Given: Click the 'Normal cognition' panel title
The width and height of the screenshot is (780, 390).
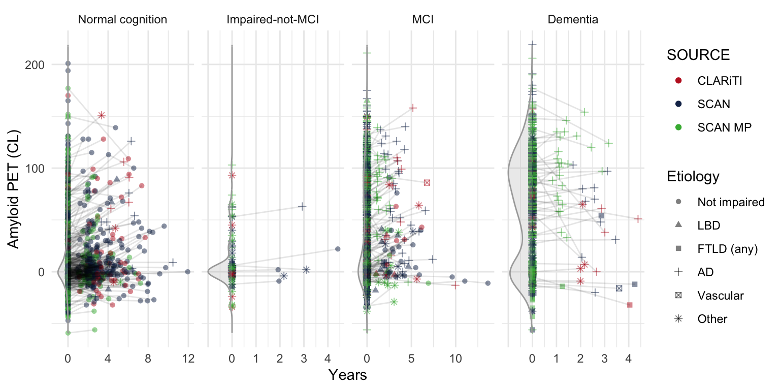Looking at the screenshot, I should [122, 20].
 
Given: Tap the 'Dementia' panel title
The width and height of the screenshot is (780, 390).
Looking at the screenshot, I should [573, 20].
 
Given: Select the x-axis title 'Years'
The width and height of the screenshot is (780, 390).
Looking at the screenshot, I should [347, 375].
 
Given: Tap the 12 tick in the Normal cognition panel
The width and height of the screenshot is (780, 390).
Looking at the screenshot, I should [188, 359].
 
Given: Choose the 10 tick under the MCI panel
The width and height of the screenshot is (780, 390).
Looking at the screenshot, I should [455, 359].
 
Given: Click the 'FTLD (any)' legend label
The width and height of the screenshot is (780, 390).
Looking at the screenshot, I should [728, 249].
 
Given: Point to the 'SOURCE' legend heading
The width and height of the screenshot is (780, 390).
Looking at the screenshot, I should [699, 55].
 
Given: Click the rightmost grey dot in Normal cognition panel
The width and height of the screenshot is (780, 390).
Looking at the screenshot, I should [187, 272].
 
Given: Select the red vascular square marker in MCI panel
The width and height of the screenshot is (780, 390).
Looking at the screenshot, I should [427, 182].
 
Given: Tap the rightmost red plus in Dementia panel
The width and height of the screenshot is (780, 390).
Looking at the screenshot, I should [638, 219].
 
